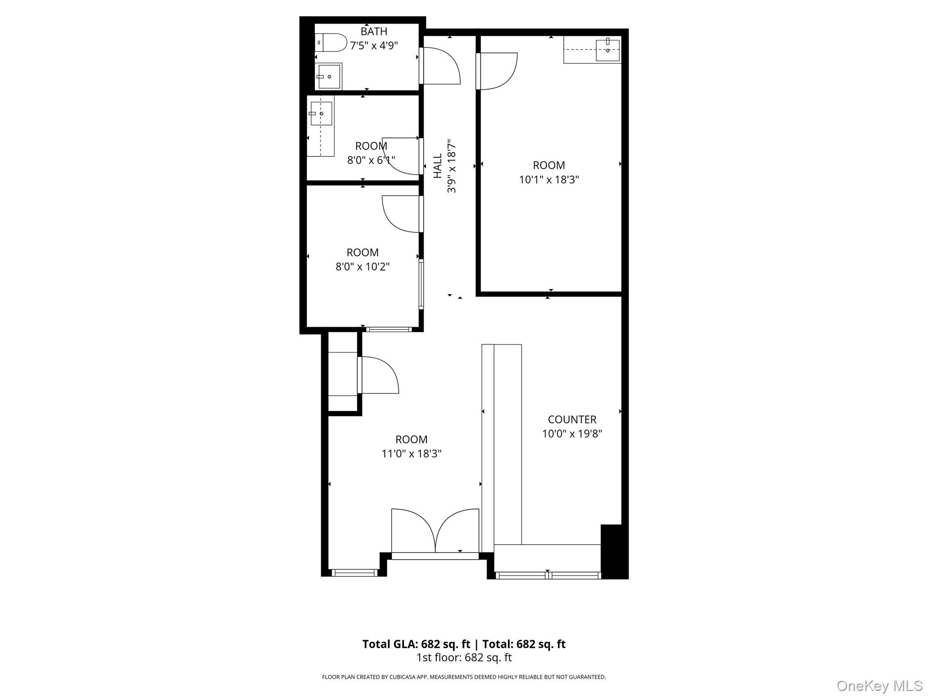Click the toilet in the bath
click(x=331, y=43)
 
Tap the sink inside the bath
click(x=329, y=77)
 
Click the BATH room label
click(x=374, y=31)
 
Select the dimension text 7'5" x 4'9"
click(x=374, y=45)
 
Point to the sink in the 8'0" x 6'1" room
click(x=321, y=113)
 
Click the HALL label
click(x=438, y=166)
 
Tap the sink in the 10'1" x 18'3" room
click(x=608, y=50)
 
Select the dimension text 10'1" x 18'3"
click(x=549, y=179)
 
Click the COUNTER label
click(x=572, y=420)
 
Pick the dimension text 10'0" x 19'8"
click(x=572, y=434)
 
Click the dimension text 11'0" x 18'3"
click(x=411, y=454)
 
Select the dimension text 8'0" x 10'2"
click(x=362, y=266)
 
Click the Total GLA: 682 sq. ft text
click(x=416, y=644)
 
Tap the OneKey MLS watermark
click(x=879, y=686)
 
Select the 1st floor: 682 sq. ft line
click(x=464, y=657)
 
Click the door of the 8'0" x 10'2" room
click(x=403, y=214)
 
